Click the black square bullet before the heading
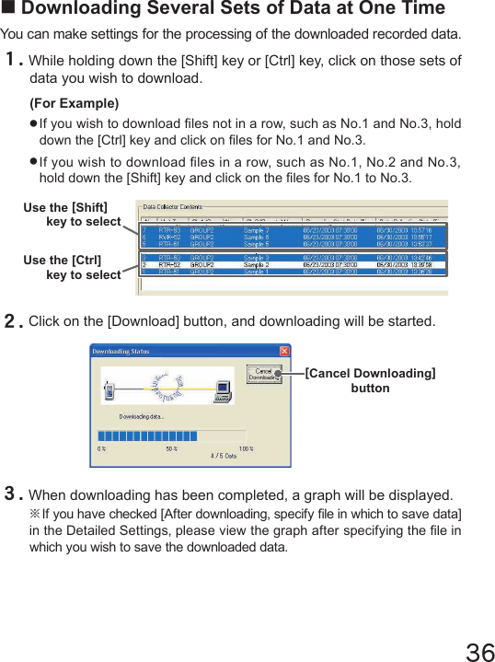9,9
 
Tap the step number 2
13,322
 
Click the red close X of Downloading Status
284,351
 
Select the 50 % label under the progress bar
172,448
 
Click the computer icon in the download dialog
223,390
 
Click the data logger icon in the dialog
109,390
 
